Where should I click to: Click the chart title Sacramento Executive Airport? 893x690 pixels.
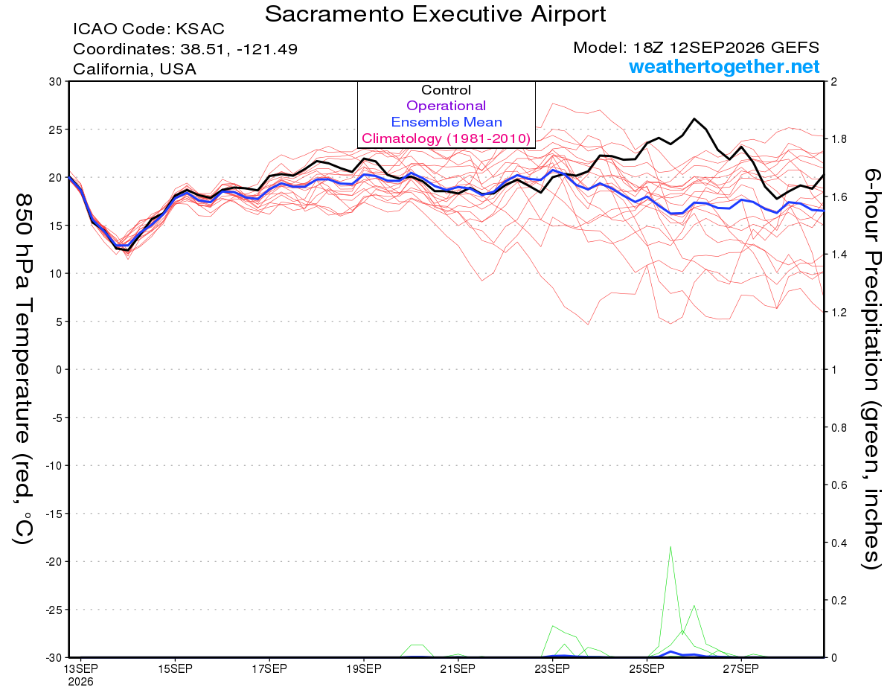(435, 14)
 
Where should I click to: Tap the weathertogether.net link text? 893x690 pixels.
(724, 66)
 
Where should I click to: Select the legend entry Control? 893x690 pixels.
(446, 90)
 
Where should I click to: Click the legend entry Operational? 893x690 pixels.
(446, 106)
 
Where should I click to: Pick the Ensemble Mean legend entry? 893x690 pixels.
(446, 122)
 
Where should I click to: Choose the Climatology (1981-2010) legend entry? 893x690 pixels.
(446, 138)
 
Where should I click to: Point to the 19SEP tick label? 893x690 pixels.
(364, 669)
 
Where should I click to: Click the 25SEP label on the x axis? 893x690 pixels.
(647, 669)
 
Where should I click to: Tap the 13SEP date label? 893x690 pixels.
(80, 669)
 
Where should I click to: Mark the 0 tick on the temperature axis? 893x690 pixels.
(59, 369)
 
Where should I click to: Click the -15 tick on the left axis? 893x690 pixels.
(54, 514)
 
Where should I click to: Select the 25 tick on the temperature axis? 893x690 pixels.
(56, 130)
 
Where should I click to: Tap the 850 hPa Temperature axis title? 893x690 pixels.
(23, 369)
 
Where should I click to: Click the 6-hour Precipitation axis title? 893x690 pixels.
(871, 369)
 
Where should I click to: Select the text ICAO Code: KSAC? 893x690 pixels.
(149, 29)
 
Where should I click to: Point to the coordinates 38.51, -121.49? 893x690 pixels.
(239, 49)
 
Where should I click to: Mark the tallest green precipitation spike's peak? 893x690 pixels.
(670, 547)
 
